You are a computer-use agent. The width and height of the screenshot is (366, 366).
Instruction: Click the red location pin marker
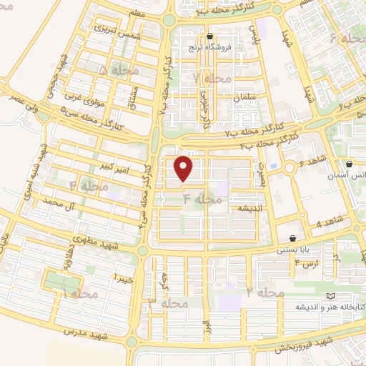(x=185, y=169)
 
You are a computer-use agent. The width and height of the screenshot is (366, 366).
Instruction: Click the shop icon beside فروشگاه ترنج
(x=209, y=36)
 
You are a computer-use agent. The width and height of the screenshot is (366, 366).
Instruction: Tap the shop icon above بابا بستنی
(x=293, y=239)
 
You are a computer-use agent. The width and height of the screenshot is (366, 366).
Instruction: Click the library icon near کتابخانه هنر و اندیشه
(x=330, y=295)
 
